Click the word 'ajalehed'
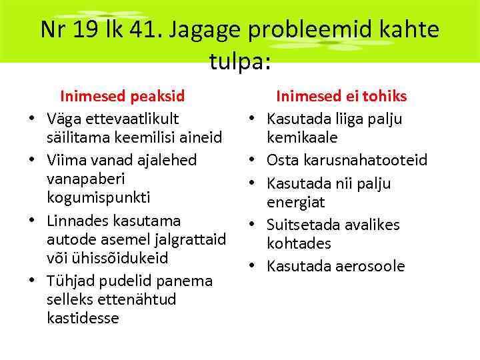pyautogui.click(x=165, y=160)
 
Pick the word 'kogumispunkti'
pyautogui.click(x=98, y=198)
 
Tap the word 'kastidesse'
pyautogui.click(x=83, y=318)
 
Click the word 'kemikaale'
pyautogui.click(x=302, y=137)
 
